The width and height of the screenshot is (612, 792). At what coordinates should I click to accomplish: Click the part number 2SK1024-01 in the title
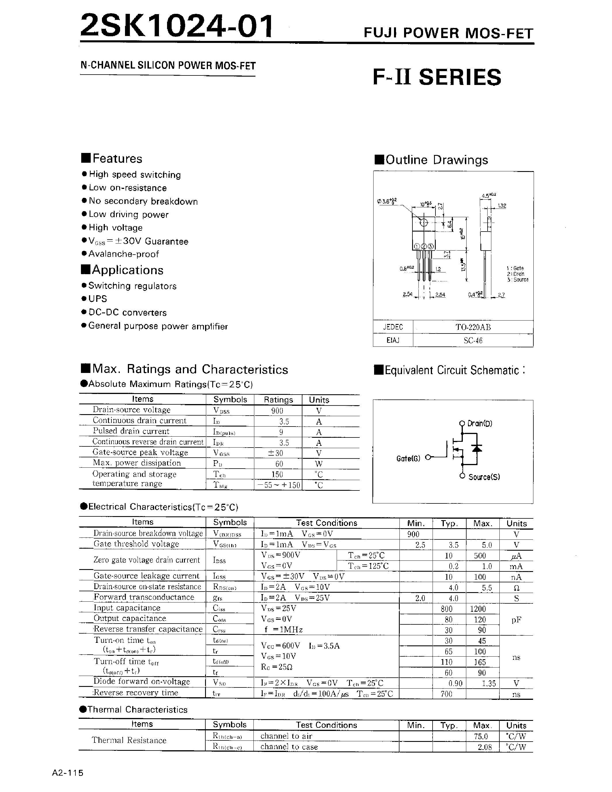coord(177,26)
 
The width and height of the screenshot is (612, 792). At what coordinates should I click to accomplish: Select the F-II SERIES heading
coord(437,77)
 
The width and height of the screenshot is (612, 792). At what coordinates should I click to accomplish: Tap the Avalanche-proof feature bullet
coord(124,254)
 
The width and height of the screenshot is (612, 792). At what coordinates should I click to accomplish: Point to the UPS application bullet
coord(98,299)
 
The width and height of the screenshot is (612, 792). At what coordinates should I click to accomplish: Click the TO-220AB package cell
coord(473,327)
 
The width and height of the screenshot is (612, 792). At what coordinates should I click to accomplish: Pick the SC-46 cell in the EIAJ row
coord(473,340)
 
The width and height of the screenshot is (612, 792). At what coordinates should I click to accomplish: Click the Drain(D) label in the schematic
coord(480,424)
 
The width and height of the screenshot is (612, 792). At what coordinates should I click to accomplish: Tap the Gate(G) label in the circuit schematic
coord(408,459)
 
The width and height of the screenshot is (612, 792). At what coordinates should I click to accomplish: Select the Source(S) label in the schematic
coord(484,477)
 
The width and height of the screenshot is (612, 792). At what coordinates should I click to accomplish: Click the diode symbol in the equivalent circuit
coord(477,449)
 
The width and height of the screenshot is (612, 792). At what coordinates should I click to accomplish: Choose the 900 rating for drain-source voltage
coord(277,411)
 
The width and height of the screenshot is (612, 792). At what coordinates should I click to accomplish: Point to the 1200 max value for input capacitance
coord(478,609)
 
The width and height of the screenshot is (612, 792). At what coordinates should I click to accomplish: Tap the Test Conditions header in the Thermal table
coord(326,725)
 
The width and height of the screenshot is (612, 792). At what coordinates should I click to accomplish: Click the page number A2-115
coord(68,773)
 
